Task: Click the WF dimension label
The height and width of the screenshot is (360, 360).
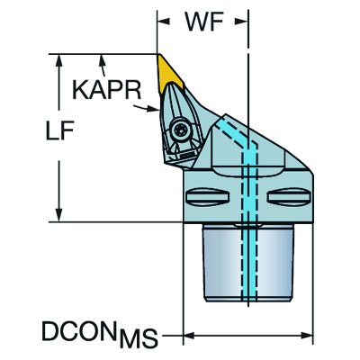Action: [x=204, y=22]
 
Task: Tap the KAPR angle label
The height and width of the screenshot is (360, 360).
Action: [x=107, y=90]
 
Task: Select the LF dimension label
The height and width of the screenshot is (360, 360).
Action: [x=59, y=131]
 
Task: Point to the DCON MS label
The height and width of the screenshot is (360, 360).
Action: [x=100, y=334]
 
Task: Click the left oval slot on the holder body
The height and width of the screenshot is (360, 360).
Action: [x=208, y=198]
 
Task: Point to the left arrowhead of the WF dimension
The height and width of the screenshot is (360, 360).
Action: [x=164, y=22]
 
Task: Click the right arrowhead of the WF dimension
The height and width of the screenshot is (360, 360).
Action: [x=241, y=22]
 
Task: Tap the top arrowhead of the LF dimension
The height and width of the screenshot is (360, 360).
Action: [x=59, y=61]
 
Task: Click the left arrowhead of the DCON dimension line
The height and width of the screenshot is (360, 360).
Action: [x=190, y=335]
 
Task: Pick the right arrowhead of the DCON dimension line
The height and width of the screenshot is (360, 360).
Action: [x=306, y=335]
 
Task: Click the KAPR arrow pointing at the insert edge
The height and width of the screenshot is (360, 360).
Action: [x=147, y=109]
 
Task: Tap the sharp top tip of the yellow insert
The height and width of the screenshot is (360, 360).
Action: [x=158, y=55]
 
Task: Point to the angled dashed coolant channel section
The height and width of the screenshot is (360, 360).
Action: [x=236, y=134]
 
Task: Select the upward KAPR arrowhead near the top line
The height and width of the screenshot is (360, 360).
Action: [x=103, y=62]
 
